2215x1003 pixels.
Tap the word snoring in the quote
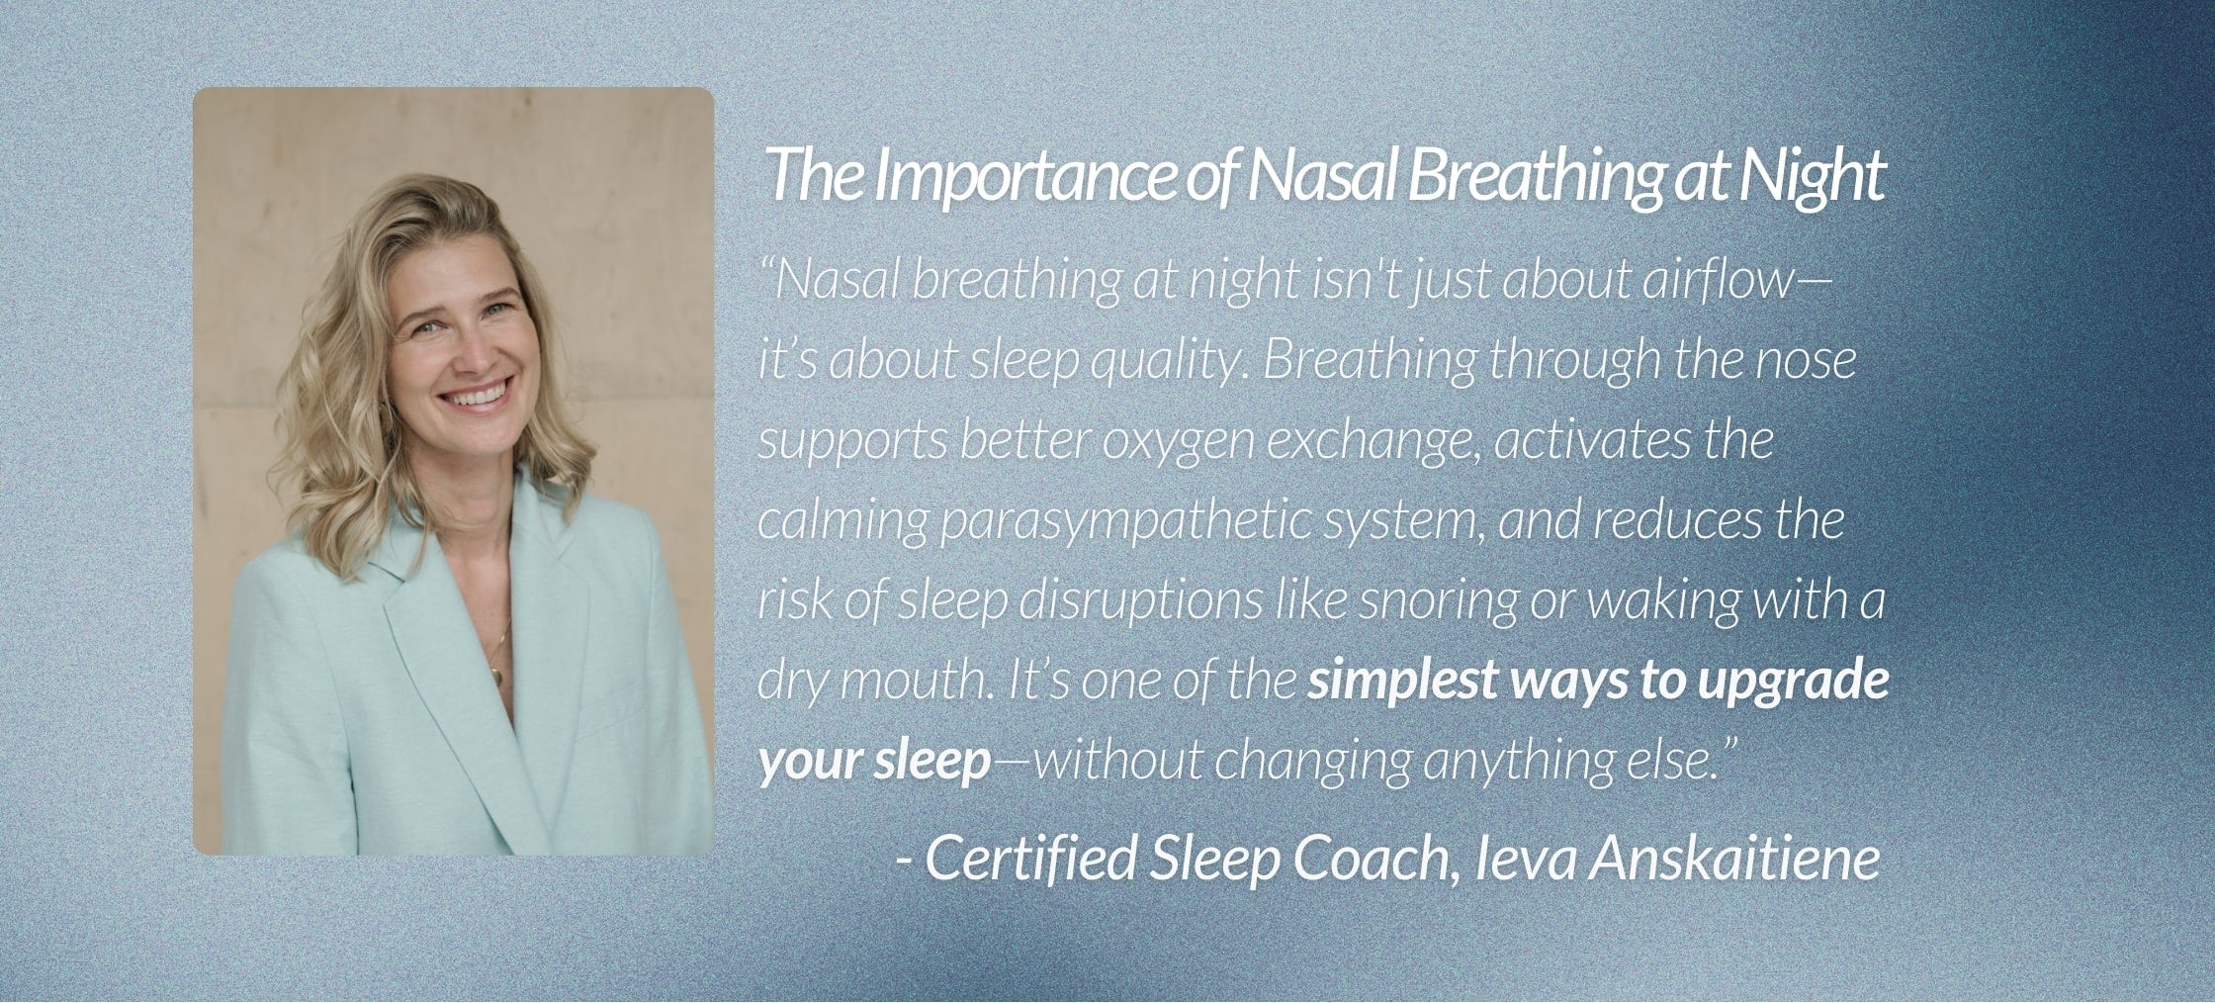pyautogui.click(x=1438, y=600)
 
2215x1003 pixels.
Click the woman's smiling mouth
pyautogui.click(x=478, y=397)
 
